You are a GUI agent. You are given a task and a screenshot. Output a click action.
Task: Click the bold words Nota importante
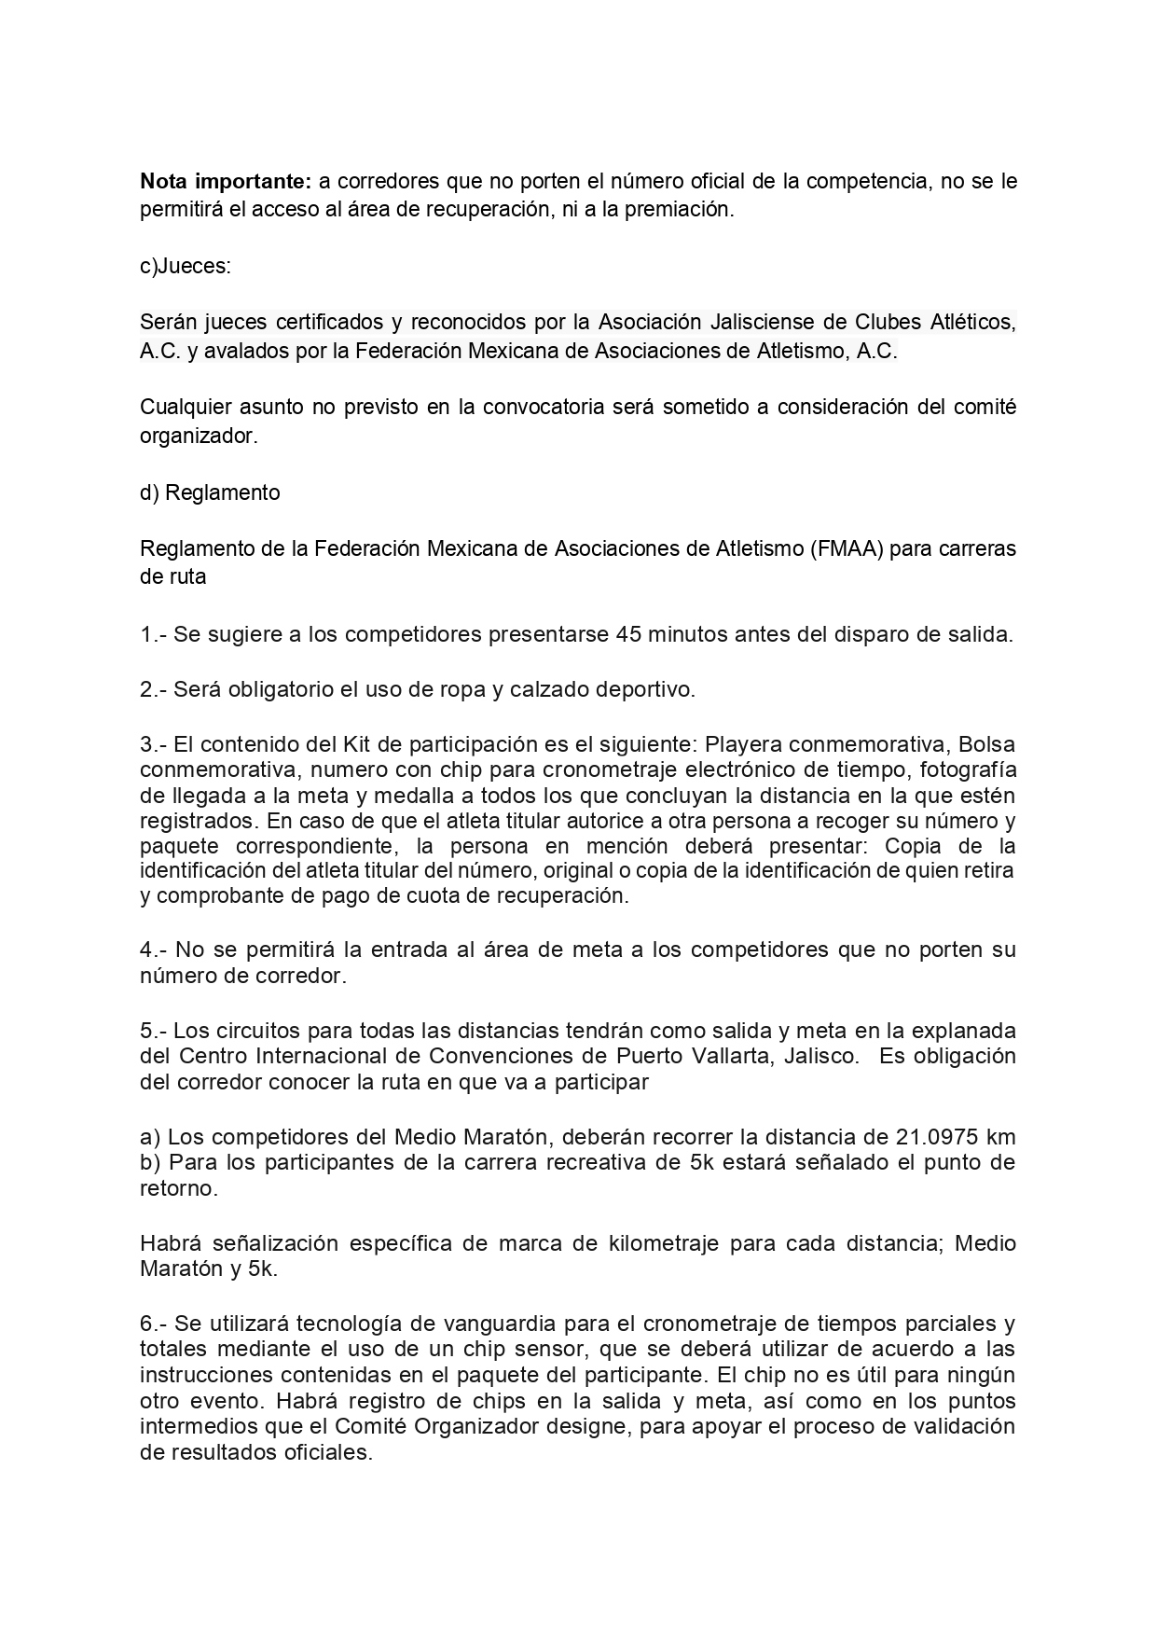tap(222, 181)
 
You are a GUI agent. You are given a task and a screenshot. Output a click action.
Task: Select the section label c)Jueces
tap(185, 266)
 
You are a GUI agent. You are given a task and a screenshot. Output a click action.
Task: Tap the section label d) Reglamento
tap(210, 492)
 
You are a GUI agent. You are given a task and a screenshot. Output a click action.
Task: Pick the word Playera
tap(737, 745)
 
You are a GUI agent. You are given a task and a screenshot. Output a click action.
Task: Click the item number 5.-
tap(154, 1031)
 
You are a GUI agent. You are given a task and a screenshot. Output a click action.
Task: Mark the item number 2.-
tap(154, 690)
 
